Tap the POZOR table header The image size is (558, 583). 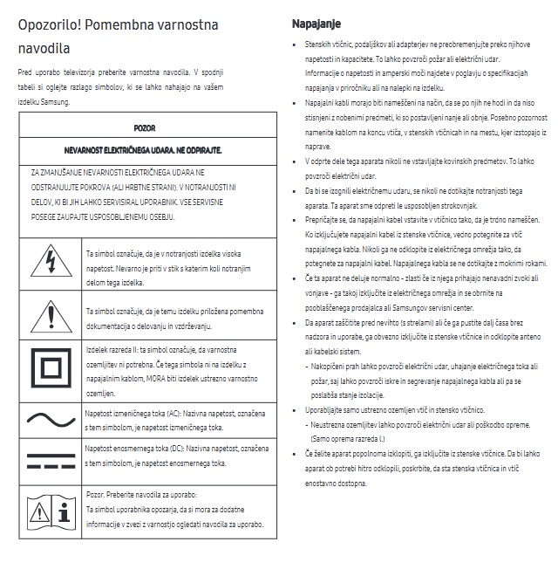(145, 127)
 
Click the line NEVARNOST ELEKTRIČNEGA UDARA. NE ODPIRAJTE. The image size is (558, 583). (145, 150)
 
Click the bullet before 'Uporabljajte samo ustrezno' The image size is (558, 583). (297, 409)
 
